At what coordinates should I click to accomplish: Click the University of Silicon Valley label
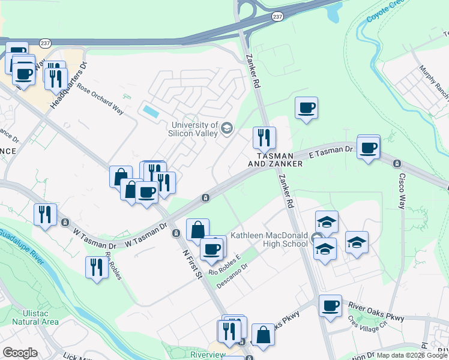tap(193, 128)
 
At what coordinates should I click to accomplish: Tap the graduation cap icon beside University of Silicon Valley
tap(227, 128)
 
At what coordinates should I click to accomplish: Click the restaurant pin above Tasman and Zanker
tap(264, 138)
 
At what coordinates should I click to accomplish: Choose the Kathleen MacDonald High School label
tap(269, 239)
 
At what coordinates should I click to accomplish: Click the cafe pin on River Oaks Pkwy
tap(330, 306)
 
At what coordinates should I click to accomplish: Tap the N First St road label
tap(191, 264)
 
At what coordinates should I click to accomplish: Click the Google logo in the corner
tap(20, 353)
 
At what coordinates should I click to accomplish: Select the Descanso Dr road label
tap(232, 274)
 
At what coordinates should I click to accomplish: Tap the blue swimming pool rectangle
tap(150, 112)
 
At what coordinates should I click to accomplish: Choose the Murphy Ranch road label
tap(434, 84)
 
